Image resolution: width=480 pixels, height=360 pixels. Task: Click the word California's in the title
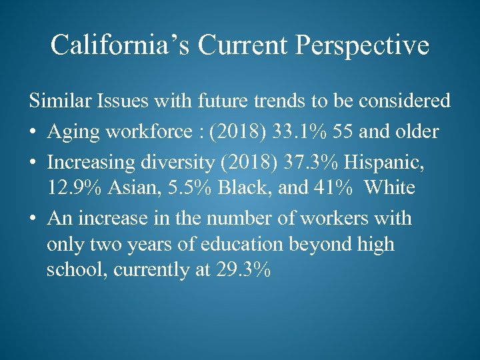[110, 45]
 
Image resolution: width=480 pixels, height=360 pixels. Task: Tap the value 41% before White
[333, 188]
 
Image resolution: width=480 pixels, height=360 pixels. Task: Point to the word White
[389, 188]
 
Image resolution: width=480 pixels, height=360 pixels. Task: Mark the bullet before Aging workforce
[33, 132]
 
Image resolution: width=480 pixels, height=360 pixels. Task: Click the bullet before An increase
[33, 219]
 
